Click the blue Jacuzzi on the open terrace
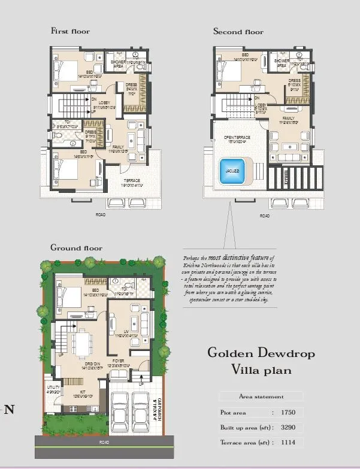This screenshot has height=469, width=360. pos(234,170)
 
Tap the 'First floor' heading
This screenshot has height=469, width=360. pos(70,31)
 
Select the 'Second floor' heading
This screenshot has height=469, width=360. pos(238,31)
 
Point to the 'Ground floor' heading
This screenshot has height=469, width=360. pos(76,247)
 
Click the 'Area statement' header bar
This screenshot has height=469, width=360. pos(261,397)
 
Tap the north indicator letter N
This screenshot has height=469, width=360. pos(9,410)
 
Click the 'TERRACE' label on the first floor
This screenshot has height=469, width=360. pos(132,180)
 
